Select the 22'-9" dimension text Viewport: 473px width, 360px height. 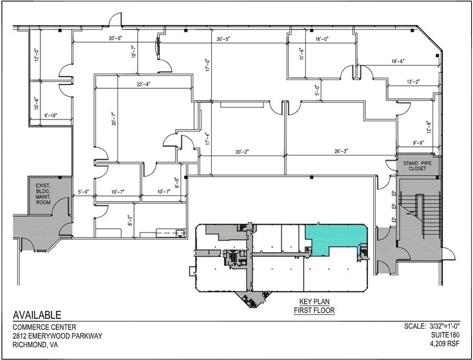pos(144,84)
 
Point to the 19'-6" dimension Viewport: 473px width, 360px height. pos(398,61)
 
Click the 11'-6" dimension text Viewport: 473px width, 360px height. pos(301,55)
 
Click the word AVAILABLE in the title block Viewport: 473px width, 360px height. pos(37,315)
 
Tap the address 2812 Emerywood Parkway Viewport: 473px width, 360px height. pos(58,336)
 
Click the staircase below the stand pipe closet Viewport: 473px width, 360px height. pos(417,214)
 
